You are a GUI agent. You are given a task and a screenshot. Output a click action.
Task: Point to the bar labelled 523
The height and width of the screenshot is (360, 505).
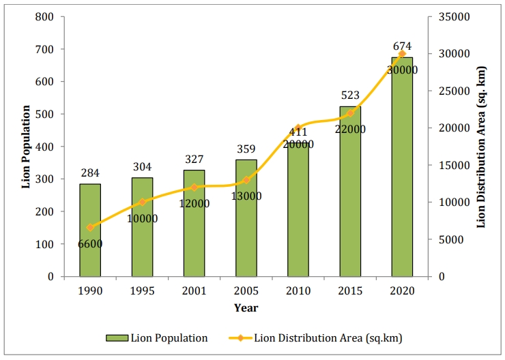tap(350, 192)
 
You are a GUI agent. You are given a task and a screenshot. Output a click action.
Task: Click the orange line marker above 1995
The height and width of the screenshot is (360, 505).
tap(143, 202)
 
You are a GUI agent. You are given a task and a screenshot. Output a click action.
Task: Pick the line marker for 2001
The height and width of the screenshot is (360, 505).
tap(194, 187)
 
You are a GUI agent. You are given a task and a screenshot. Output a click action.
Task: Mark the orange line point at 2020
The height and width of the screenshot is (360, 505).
tap(402, 53)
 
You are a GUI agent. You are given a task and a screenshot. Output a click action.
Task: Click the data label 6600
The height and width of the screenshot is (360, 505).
tap(90, 244)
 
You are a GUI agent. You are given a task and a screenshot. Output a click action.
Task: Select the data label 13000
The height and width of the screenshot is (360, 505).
tap(246, 196)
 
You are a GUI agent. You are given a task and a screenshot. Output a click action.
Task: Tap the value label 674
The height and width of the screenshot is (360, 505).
tap(402, 46)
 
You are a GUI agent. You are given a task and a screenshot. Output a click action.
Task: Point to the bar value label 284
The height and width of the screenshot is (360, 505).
tap(90, 174)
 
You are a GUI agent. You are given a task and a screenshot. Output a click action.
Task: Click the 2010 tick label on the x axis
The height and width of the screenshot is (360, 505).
tap(298, 291)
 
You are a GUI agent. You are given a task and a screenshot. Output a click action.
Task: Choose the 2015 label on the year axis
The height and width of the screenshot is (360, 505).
tap(350, 291)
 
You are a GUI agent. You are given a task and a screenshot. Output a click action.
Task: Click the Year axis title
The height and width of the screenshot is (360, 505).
tap(246, 308)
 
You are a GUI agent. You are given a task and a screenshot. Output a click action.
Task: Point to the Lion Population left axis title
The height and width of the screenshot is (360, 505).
tap(26, 147)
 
